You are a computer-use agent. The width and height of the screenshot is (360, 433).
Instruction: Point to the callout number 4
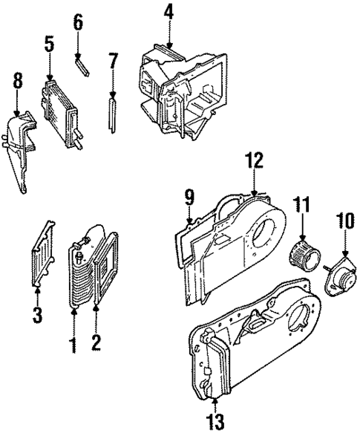click(168, 13)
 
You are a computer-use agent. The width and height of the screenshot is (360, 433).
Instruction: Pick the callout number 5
click(49, 45)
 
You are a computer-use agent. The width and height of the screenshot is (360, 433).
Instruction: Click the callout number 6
click(78, 24)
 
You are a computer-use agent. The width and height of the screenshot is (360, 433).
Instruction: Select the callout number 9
click(189, 198)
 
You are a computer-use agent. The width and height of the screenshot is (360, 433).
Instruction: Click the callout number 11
click(301, 204)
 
